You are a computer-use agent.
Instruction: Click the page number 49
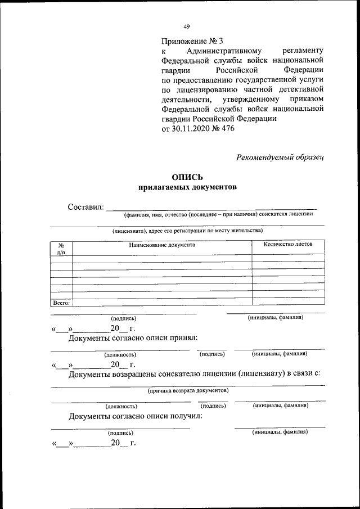click(x=187, y=26)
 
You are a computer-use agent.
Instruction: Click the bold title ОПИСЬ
click(x=187, y=177)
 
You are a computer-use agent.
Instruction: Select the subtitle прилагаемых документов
click(x=187, y=188)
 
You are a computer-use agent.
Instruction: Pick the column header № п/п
click(x=61, y=248)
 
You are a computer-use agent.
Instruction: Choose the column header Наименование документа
click(x=161, y=245)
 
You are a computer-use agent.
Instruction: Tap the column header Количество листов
click(x=288, y=244)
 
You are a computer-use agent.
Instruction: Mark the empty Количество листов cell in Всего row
click(x=288, y=302)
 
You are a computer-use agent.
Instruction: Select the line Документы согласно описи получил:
click(x=135, y=417)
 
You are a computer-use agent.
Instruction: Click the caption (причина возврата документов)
click(x=187, y=390)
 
